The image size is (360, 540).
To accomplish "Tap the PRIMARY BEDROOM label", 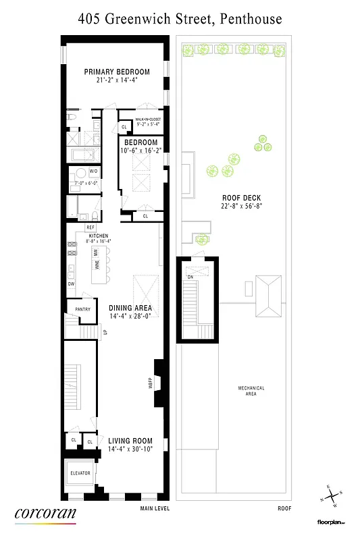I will (116, 72).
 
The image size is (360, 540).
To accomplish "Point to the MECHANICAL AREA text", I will (251, 391).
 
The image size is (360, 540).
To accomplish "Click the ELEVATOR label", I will (80, 473).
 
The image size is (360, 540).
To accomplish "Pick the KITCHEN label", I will (99, 235).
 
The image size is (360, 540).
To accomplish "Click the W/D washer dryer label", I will (93, 171).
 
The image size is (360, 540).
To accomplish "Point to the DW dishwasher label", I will (71, 283).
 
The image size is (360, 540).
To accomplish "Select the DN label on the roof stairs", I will (191, 276).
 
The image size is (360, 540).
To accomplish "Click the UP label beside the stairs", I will (105, 331).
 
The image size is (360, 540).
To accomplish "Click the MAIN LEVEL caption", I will (154, 508).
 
